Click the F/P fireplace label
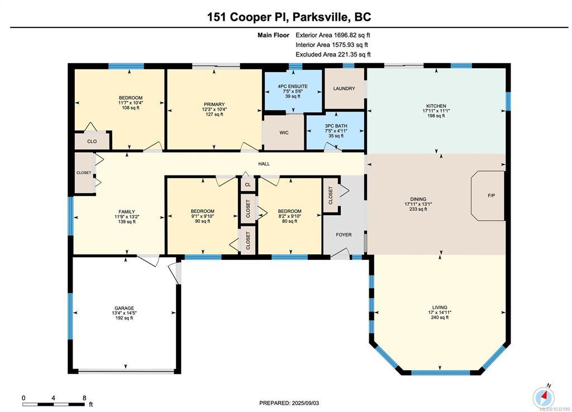point(492,196)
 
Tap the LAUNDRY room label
point(344,88)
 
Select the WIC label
point(284,132)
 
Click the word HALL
point(264,164)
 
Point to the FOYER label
point(344,235)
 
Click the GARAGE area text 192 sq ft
point(124,318)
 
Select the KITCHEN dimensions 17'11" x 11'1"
point(436,111)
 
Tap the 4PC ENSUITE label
point(293,87)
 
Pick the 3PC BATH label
point(336,126)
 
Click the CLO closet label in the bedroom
point(92,141)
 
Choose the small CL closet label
point(248,184)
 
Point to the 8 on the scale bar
point(85,398)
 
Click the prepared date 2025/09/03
point(305,403)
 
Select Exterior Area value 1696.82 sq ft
point(352,35)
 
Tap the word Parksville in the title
point(320,17)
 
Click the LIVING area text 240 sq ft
point(440,318)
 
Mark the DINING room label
point(418,199)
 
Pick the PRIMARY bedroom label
point(214,105)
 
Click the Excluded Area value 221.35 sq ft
point(352,54)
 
